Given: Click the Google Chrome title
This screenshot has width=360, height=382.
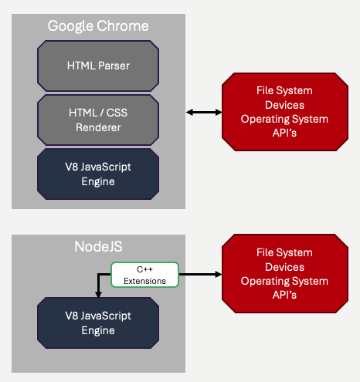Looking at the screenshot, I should click(x=98, y=25).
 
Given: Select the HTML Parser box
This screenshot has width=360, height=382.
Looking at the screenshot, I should click(x=98, y=66).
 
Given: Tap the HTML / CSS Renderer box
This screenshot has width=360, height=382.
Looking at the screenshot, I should click(x=98, y=120).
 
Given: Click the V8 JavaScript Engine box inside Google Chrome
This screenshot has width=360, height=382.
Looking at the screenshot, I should click(x=98, y=174).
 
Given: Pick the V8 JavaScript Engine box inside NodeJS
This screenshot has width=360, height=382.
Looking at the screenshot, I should click(x=98, y=323).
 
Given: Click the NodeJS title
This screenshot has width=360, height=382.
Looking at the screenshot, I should click(x=98, y=248).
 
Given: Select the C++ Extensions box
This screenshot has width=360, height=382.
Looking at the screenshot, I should click(x=145, y=274).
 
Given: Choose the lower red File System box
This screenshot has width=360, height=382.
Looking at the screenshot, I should click(x=285, y=274).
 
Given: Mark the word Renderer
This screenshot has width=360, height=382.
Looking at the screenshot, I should click(x=97, y=127).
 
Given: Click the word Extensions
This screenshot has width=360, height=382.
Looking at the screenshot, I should click(x=145, y=280).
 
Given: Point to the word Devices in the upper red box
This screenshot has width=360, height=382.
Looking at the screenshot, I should click(x=285, y=106).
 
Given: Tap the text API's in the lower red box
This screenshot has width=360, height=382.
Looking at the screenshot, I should click(x=285, y=296).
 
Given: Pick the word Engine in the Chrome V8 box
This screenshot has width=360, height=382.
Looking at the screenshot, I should click(x=98, y=181).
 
